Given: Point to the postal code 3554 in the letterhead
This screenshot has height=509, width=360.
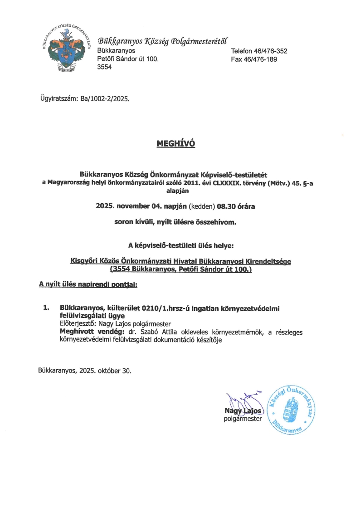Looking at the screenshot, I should click(104, 67).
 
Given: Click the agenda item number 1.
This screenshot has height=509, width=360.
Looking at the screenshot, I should click(46, 308).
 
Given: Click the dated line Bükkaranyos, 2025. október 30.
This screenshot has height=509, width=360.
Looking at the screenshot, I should click(85, 370).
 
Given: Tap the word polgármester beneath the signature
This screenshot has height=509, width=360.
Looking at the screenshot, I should click(243, 419).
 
